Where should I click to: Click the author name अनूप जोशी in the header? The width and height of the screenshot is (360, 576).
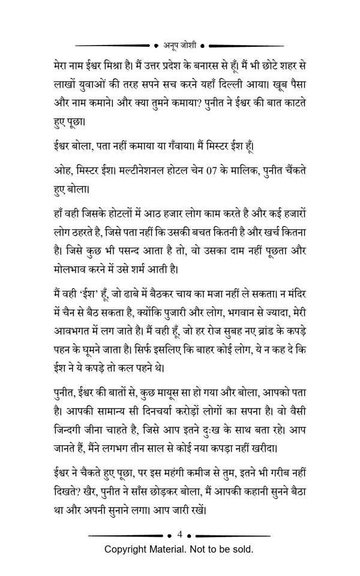[180, 44]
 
